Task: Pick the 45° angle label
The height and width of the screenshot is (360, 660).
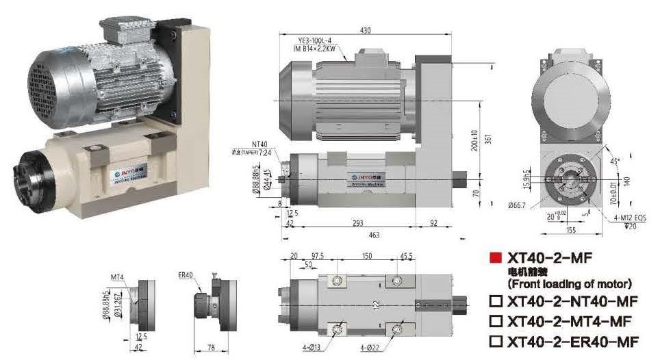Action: pos(615,162)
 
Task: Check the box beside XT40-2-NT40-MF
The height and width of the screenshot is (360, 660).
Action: pos(496,300)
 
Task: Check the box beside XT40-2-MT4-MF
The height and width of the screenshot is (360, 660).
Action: pos(496,320)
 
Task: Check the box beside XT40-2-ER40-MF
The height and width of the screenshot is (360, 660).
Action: pos(496,341)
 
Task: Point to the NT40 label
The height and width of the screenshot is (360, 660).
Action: pos(259,144)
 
